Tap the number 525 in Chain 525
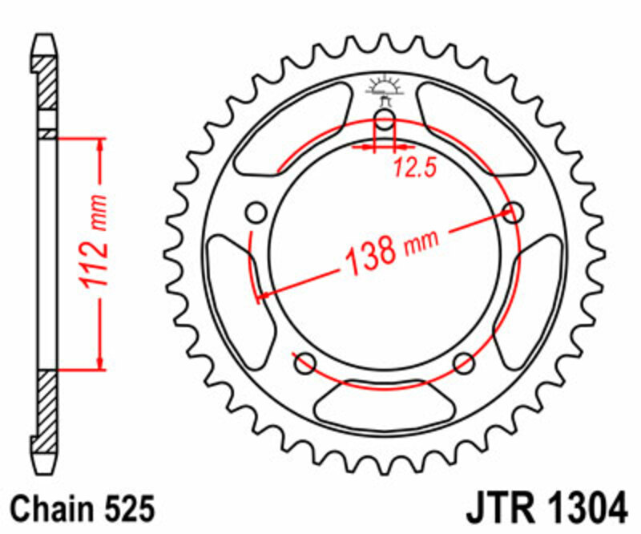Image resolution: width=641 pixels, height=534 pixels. pyautogui.click(x=124, y=509)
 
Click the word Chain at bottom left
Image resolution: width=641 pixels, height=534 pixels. pyautogui.click(x=52, y=509)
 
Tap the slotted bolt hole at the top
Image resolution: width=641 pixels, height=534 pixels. pyautogui.click(x=385, y=122)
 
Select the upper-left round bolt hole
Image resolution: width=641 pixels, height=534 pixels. pyautogui.click(x=256, y=213)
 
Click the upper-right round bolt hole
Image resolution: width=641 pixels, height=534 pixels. pyautogui.click(x=513, y=212)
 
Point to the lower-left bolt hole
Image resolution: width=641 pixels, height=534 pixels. pyautogui.click(x=304, y=364)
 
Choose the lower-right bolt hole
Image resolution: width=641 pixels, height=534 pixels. pyautogui.click(x=464, y=364)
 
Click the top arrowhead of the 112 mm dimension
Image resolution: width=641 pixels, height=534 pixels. pyautogui.click(x=101, y=145)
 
